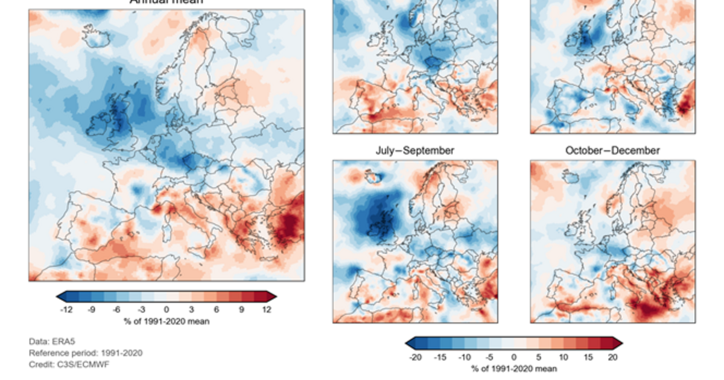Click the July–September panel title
coord(415,150)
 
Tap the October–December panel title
coord(612,150)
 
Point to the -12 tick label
coord(66,310)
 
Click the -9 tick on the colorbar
coord(92,310)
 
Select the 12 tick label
coord(267,310)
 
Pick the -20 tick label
coord(414,357)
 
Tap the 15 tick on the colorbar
coord(588,357)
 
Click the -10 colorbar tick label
coord(464,357)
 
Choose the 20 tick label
coord(612,357)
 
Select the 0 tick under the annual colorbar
coord(167,310)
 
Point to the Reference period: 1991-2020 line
coord(86,353)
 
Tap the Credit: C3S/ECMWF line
coord(69,364)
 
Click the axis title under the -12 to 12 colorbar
coord(166,321)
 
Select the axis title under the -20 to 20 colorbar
coord(514,369)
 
